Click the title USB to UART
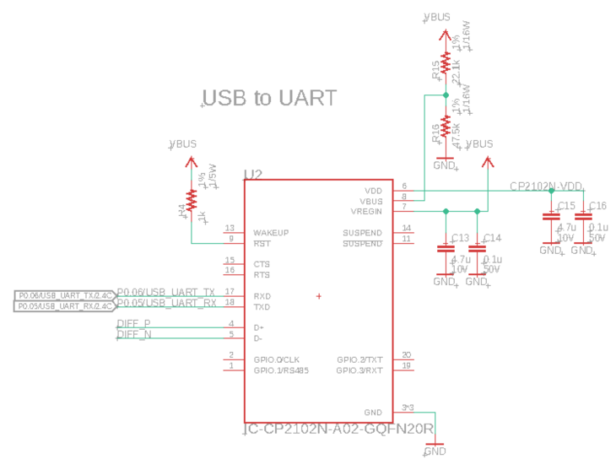[x=270, y=98]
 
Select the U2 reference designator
[x=253, y=175]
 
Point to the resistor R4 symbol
[x=192, y=200]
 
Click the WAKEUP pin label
[x=271, y=232]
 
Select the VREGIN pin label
[x=365, y=211]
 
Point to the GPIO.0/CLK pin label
[x=276, y=359]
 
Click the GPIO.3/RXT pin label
[x=359, y=370]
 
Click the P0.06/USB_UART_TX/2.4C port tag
[x=64, y=294]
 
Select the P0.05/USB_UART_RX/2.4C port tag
[x=64, y=305]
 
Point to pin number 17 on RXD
[x=229, y=292]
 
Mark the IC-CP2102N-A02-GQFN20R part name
[x=338, y=429]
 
